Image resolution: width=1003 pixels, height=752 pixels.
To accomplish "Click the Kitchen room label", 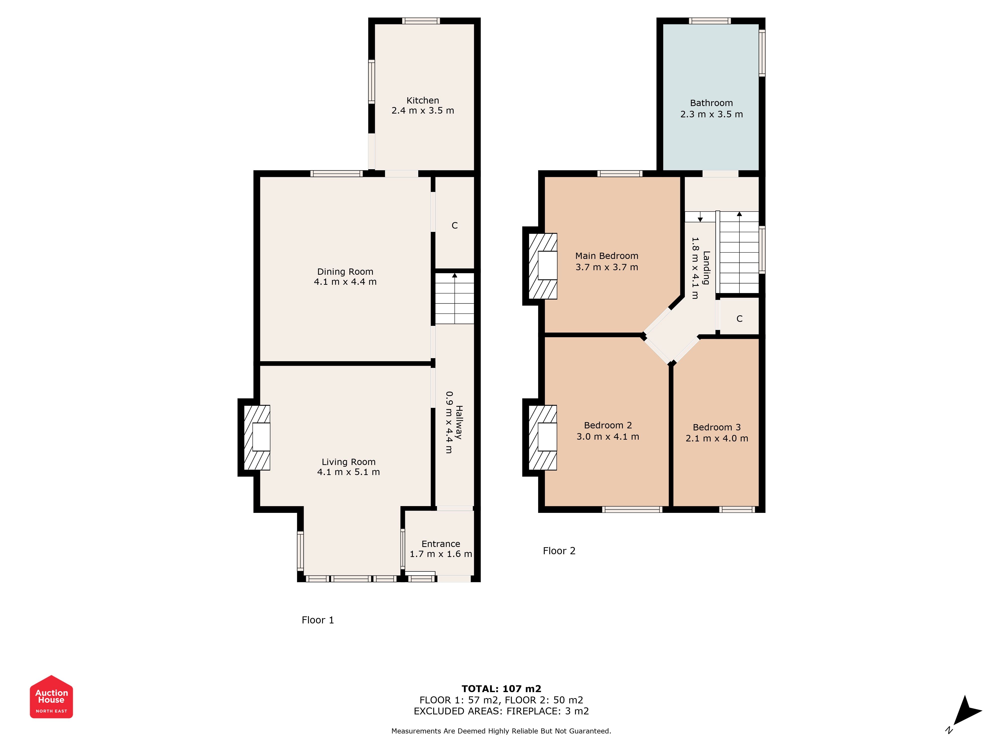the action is (x=423, y=100).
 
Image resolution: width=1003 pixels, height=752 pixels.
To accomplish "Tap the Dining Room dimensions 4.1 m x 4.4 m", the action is (x=345, y=281).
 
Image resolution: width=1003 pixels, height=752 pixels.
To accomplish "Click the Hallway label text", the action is (x=459, y=422).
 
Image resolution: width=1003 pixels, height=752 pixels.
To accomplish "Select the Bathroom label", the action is (x=711, y=103).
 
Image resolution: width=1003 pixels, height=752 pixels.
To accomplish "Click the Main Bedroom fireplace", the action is (x=543, y=266).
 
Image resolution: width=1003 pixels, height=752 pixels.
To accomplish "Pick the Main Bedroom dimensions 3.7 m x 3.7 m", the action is (x=607, y=267).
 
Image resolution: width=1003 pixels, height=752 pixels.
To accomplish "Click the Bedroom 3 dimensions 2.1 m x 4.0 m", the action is (x=717, y=438).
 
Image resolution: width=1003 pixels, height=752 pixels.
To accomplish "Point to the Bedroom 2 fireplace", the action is (x=543, y=437).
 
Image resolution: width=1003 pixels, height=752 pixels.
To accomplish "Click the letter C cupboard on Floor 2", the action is (x=739, y=319).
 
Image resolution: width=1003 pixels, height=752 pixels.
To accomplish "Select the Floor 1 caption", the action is (x=318, y=620).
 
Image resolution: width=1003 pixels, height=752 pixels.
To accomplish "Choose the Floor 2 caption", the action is (x=559, y=551).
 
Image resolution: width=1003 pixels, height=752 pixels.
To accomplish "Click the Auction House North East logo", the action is (x=51, y=697).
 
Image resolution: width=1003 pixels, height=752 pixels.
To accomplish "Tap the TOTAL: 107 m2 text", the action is (x=501, y=689).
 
